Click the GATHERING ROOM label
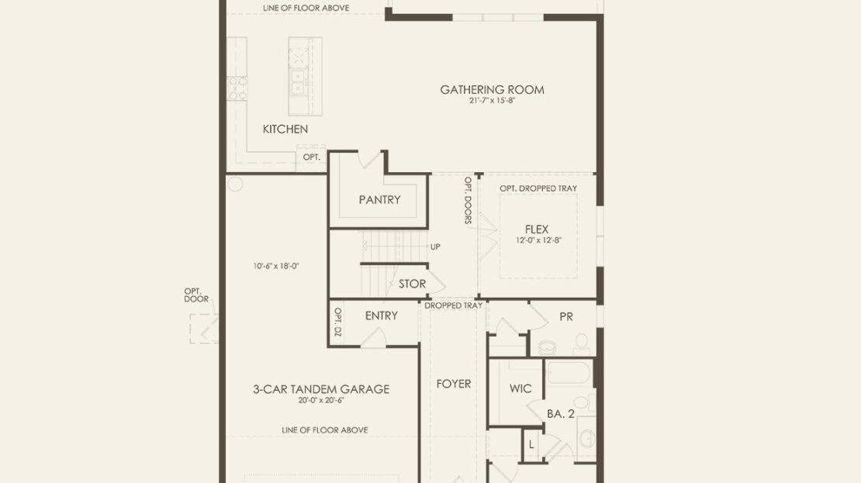[492, 89]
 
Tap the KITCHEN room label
[285, 129]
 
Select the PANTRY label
[379, 200]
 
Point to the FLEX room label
[537, 229]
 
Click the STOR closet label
[413, 284]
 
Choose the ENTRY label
[381, 316]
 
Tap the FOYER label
[454, 385]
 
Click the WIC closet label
[520, 389]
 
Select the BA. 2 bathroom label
[561, 414]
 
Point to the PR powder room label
[566, 316]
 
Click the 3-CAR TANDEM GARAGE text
[321, 389]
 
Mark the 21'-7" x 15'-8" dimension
[492, 101]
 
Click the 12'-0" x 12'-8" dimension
[538, 240]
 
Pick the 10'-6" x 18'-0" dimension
[275, 266]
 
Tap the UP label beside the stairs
[435, 247]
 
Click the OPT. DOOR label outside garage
[196, 295]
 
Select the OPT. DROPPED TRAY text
[538, 188]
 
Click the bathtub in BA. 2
[569, 374]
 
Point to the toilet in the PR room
[581, 345]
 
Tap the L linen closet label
[531, 444]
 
